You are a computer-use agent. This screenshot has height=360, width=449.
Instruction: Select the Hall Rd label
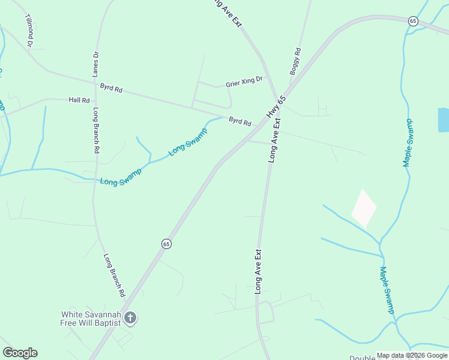(x=79, y=100)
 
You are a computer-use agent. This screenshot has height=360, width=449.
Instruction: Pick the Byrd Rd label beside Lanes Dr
(x=111, y=88)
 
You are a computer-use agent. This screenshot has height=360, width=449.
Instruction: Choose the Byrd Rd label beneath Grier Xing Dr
(x=240, y=121)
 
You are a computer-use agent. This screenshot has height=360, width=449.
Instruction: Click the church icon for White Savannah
(x=131, y=319)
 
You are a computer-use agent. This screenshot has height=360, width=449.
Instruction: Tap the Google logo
(x=20, y=353)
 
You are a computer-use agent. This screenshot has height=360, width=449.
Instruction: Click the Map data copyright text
(x=412, y=355)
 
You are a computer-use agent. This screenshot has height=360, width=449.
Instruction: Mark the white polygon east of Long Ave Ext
(x=363, y=208)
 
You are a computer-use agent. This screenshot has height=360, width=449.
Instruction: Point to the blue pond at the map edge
(x=443, y=120)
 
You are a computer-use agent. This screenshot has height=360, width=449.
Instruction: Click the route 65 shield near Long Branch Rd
(x=166, y=244)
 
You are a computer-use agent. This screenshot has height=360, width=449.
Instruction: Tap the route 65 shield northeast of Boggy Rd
(x=413, y=21)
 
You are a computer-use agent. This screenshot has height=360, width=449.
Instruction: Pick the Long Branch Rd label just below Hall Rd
(x=95, y=131)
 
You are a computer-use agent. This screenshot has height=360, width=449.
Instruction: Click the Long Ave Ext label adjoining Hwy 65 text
(x=274, y=140)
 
